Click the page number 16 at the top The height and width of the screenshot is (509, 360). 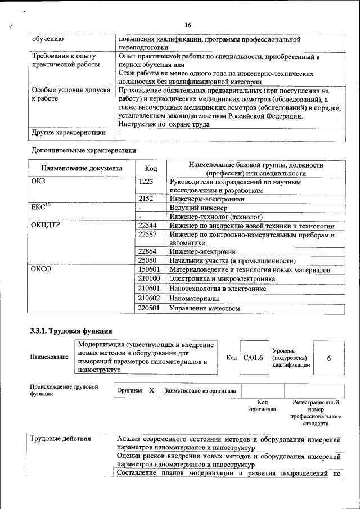coord(188,25)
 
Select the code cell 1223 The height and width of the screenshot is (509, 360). coord(146,182)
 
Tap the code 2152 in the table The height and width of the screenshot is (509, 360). coord(146,199)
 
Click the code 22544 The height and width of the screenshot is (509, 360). coord(147,226)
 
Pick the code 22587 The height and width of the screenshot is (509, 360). coord(147,234)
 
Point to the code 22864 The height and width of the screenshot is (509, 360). coord(147,251)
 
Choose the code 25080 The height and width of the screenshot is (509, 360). coord(147,260)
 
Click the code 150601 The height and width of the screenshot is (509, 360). coord(149,270)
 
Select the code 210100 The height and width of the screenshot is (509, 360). coord(149,279)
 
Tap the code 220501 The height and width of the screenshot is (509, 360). coord(149,308)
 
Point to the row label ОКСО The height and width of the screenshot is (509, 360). coord(41,270)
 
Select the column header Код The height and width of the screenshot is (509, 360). coord(151,169)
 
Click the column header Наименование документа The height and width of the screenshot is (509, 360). coord(82,169)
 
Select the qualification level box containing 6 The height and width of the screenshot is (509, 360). coord(328,358)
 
